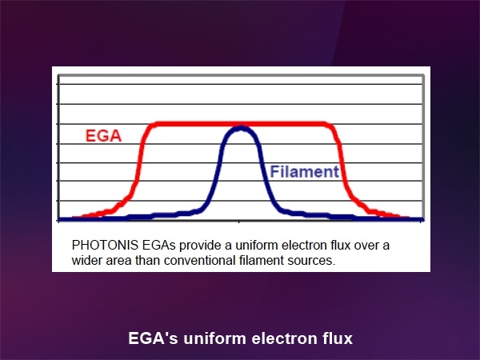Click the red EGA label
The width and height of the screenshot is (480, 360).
click(103, 136)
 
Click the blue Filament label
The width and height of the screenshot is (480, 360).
click(305, 171)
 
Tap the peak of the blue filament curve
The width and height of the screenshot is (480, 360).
click(242, 127)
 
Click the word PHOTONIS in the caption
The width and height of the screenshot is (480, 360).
click(105, 246)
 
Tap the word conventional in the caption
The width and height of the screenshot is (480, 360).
click(199, 261)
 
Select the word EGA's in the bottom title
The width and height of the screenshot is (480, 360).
click(153, 338)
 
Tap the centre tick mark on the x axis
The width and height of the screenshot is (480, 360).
click(239, 222)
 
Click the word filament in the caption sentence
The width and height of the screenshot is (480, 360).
click(262, 261)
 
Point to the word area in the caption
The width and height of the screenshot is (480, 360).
click(118, 261)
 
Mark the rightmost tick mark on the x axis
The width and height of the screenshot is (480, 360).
click(421, 222)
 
